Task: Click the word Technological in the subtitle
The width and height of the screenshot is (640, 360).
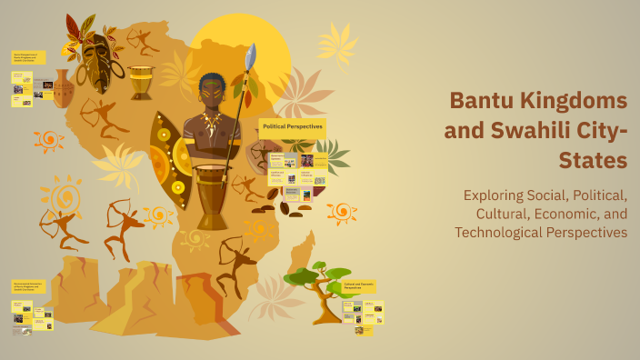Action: point(504,232)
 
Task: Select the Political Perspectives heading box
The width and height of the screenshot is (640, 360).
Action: point(292,127)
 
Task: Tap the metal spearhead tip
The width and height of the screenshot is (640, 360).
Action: point(250,56)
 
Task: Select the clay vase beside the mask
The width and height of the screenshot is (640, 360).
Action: point(63,89)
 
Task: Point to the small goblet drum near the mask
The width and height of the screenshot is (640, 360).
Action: point(141,82)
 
